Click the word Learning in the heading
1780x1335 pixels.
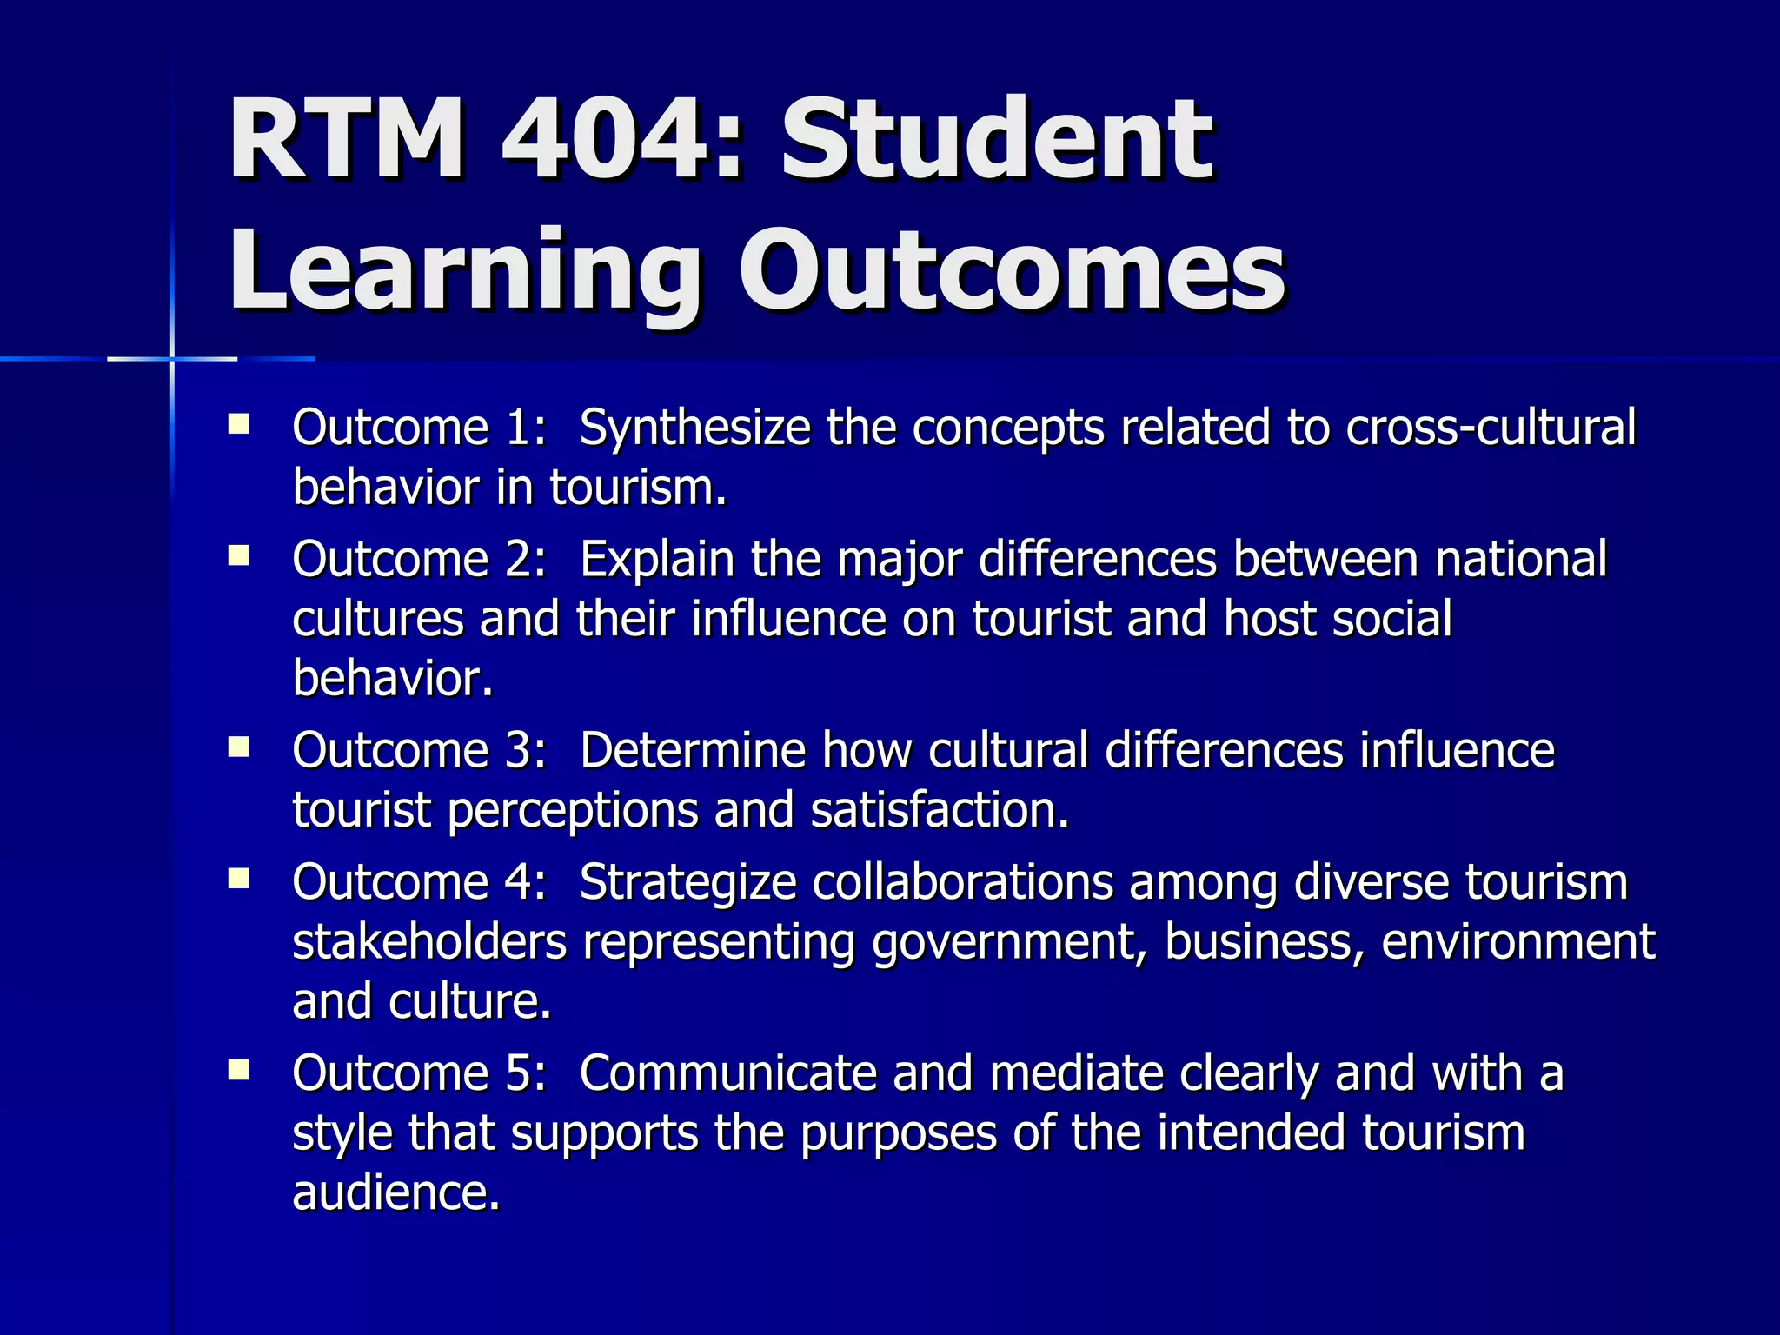(x=464, y=271)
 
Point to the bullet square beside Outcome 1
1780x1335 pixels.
(x=238, y=425)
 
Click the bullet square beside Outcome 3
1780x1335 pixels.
(x=238, y=747)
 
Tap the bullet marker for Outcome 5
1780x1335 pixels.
(x=238, y=1070)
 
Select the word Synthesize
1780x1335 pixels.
(x=694, y=428)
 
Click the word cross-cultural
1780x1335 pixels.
(x=1491, y=427)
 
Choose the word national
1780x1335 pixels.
(x=1521, y=559)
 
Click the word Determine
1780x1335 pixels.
(x=693, y=750)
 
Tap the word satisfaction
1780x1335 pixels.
(x=939, y=811)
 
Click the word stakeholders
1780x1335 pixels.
(x=429, y=942)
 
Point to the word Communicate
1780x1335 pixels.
(x=727, y=1073)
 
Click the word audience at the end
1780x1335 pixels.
(x=395, y=1192)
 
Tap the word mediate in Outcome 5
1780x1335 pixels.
(x=1077, y=1073)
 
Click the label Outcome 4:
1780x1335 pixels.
(x=419, y=882)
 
